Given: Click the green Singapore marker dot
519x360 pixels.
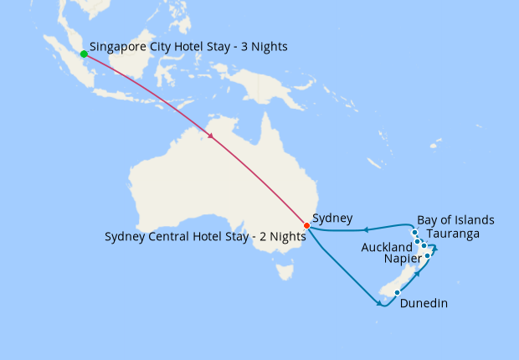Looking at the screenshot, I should click(x=84, y=54).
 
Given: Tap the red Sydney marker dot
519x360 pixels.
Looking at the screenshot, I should click(x=306, y=225).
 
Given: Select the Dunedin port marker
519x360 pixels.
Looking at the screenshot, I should click(x=397, y=293).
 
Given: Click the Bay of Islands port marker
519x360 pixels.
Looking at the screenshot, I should click(x=414, y=232).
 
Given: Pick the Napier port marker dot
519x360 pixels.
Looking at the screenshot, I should click(x=428, y=255).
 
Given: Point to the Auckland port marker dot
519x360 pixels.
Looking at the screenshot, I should click(x=418, y=241).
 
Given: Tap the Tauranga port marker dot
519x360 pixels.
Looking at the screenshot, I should click(x=424, y=246).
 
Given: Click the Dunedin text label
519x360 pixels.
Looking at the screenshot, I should click(x=424, y=304).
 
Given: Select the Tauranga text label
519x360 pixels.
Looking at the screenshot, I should click(x=452, y=234).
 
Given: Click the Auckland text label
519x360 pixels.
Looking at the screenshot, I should click(x=387, y=248).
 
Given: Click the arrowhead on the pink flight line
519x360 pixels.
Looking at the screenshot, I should click(x=210, y=136).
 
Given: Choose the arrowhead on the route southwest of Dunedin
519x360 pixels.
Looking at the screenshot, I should click(x=381, y=304).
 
